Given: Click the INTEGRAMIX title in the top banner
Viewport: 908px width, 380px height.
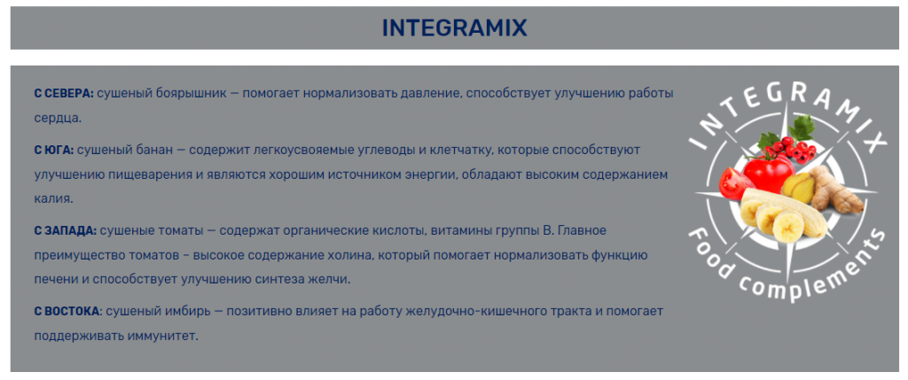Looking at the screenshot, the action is [x=455, y=27].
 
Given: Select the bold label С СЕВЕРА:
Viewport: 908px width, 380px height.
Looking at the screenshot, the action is [x=64, y=94].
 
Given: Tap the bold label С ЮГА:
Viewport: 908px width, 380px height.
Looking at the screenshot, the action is [x=54, y=151].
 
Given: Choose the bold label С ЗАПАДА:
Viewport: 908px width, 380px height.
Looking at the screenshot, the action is [x=65, y=231].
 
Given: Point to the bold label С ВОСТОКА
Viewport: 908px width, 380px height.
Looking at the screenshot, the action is [x=67, y=311].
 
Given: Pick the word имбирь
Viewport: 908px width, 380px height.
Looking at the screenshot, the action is [x=188, y=312].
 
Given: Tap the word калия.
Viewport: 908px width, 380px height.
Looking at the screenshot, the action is [x=54, y=199].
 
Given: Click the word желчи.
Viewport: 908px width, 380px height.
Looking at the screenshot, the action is [x=330, y=280].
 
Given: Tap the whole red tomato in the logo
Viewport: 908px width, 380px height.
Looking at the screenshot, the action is [x=768, y=172].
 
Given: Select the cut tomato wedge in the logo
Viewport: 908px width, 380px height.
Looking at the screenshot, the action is [x=735, y=183].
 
